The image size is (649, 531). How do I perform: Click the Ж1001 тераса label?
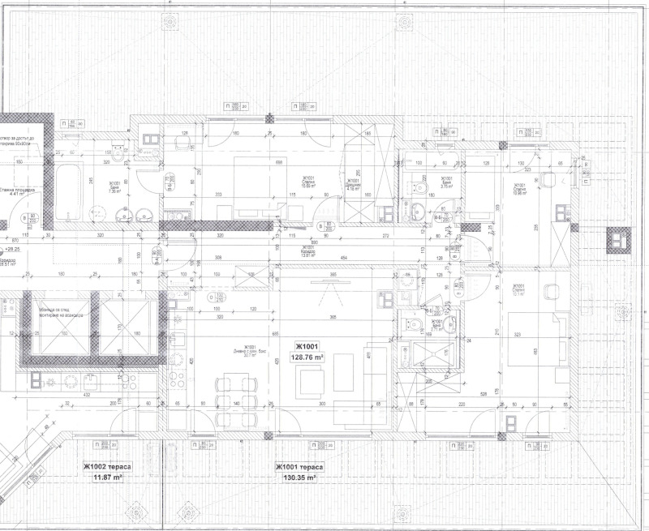[x=300, y=467]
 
